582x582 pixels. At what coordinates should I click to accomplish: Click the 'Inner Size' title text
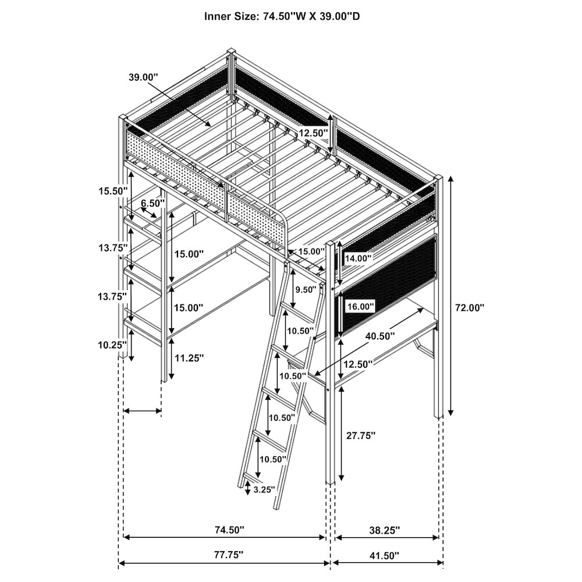tap(282, 16)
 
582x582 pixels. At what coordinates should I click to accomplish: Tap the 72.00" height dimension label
tap(470, 308)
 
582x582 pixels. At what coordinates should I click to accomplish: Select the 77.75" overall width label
tap(224, 555)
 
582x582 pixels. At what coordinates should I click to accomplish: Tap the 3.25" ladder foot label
tap(264, 489)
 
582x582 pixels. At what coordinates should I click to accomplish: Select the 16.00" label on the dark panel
tap(360, 306)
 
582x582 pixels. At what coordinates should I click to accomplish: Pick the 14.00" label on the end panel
tap(358, 258)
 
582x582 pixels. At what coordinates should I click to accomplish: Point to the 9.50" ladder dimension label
tap(306, 289)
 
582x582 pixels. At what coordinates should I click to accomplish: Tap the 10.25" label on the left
tap(112, 345)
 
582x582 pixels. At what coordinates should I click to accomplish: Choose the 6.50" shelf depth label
tap(154, 203)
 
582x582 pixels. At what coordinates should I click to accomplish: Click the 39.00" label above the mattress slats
tap(143, 77)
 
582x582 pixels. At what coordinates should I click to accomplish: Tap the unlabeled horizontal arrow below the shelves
tap(143, 411)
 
